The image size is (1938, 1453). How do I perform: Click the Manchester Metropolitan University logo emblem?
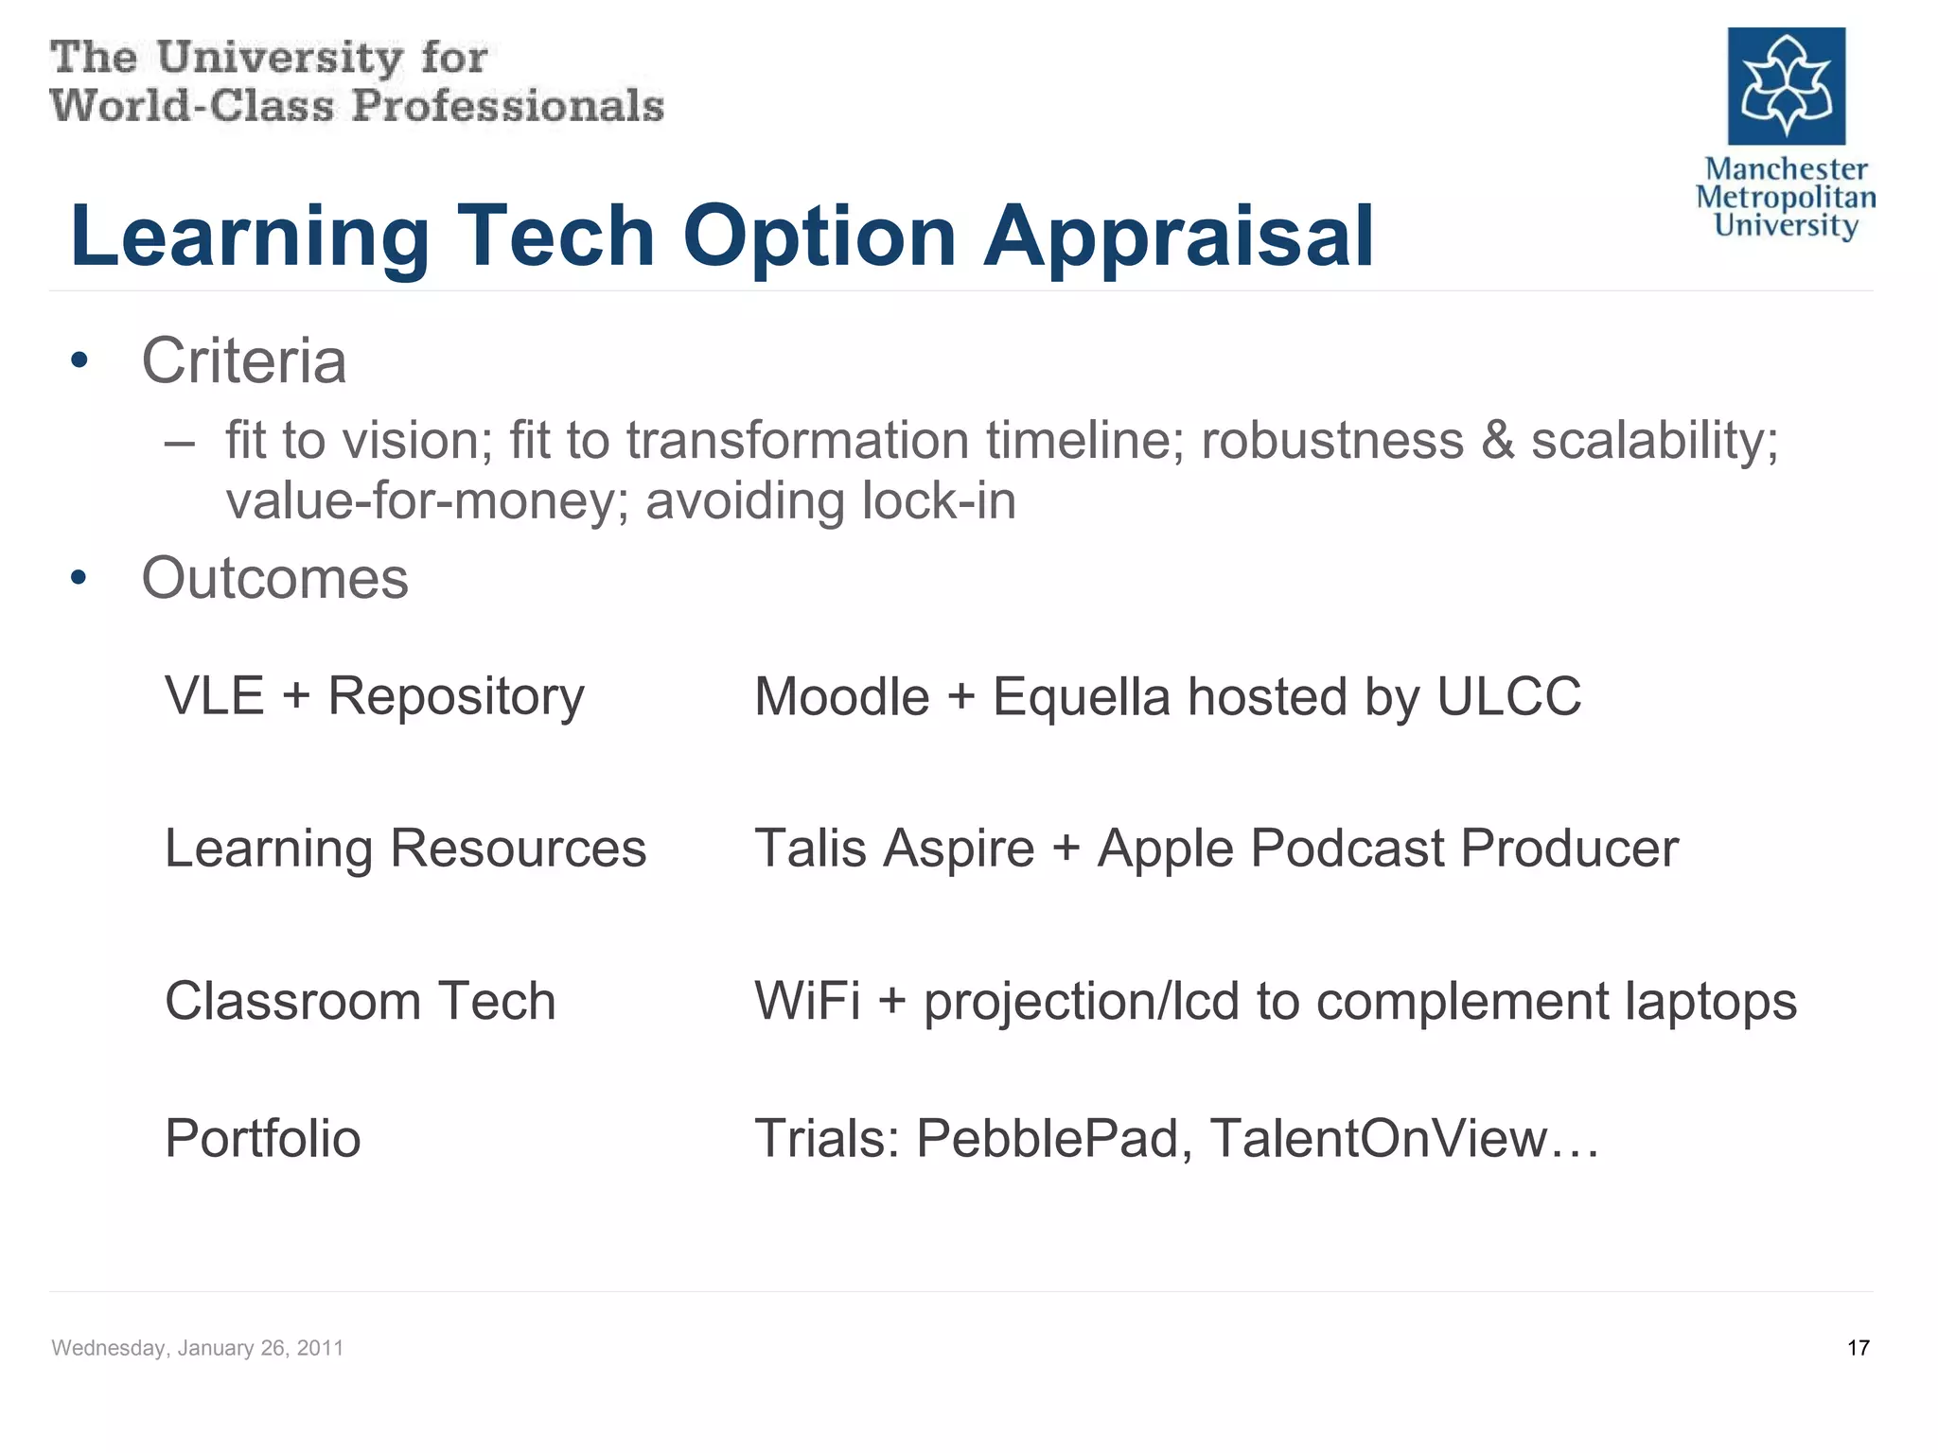1786,86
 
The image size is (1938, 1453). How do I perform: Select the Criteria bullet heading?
244,361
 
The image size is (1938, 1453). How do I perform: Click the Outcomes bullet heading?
274,578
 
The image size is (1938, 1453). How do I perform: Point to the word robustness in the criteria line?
1332,441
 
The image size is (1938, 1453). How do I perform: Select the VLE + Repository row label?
375,697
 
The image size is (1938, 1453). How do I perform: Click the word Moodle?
842,697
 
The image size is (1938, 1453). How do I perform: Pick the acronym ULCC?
1508,697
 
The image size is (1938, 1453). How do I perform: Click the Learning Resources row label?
405,849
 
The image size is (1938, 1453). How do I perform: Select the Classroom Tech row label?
360,1001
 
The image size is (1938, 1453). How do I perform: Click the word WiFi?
807,1001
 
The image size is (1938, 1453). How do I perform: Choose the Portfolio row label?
262,1138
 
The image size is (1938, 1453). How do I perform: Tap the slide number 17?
1858,1348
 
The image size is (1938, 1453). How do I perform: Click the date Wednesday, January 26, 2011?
197,1348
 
